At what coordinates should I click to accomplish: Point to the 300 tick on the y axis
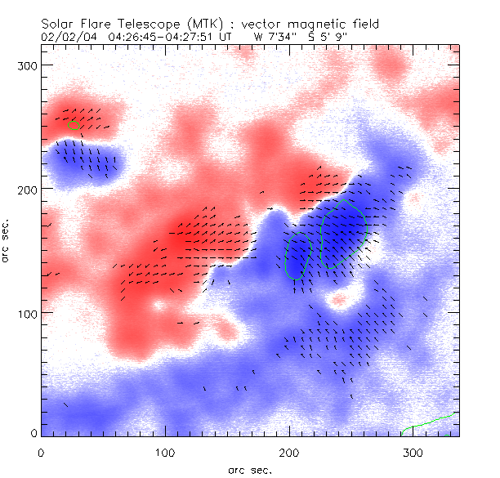click(x=25, y=65)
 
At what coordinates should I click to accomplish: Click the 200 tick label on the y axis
click(x=25, y=189)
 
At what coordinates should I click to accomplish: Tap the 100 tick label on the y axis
click(x=25, y=313)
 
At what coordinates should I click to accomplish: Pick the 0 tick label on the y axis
click(x=32, y=433)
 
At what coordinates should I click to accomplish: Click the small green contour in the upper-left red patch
click(x=74, y=125)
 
